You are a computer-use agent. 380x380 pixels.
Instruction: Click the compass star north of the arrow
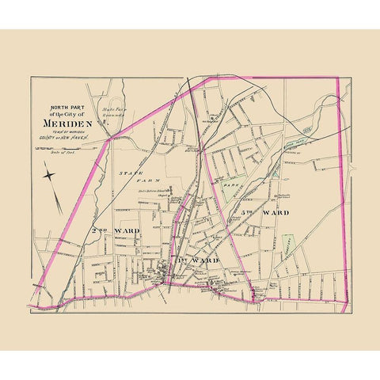[49, 175]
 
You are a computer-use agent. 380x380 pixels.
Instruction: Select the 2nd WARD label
[115, 230]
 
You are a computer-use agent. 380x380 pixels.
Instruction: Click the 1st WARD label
[188, 260]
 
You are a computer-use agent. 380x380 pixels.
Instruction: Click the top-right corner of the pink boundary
[338, 78]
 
